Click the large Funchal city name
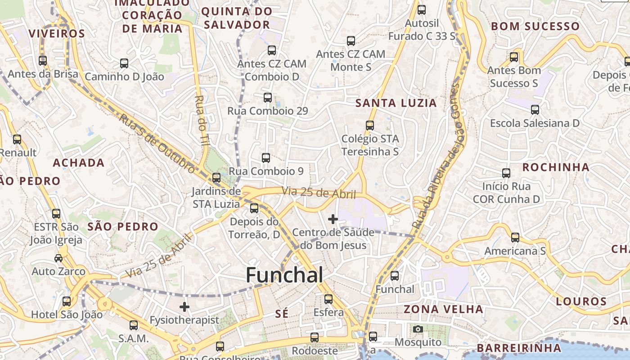[284, 275]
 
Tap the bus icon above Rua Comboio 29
[268, 97]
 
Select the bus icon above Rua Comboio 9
[266, 158]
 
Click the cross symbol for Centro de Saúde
[333, 219]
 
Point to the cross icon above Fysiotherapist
[184, 307]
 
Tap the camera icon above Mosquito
[418, 329]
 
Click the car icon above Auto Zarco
[58, 258]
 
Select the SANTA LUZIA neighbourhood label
[396, 103]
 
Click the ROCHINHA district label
[556, 167]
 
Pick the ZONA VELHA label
[443, 309]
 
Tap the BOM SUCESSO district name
[535, 26]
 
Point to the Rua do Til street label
[200, 119]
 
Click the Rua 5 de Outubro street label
[157, 144]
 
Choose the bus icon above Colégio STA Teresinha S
[370, 126]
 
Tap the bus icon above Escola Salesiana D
[535, 110]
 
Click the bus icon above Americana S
[515, 237]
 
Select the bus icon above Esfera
[328, 299]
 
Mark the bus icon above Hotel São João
[67, 301]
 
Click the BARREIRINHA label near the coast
[519, 348]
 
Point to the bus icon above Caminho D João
[124, 63]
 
